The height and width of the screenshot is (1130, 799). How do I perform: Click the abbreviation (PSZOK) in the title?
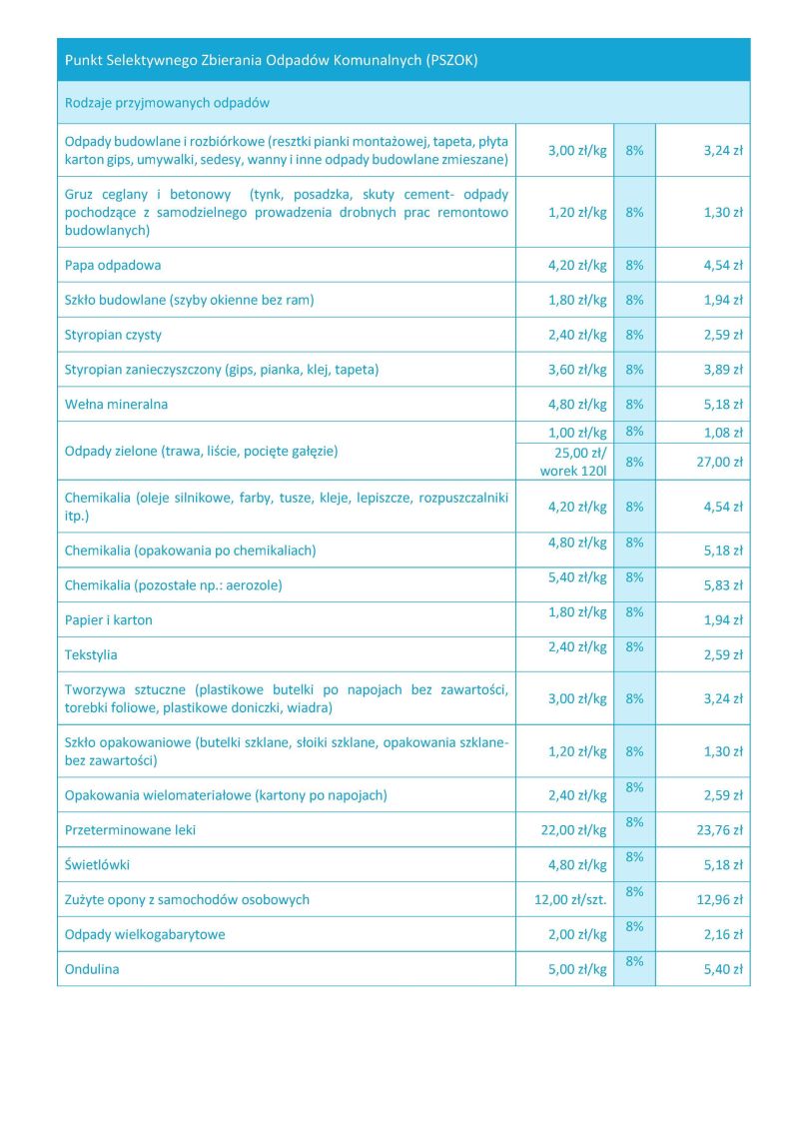coord(451,60)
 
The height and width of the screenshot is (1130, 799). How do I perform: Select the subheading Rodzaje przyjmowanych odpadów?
coord(167,103)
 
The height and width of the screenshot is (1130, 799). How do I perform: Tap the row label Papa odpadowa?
coord(113,265)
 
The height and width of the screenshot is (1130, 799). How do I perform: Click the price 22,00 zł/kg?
coord(570,830)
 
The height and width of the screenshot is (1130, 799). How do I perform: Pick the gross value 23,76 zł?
coord(719,830)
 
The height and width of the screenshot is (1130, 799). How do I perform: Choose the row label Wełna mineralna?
coord(116,405)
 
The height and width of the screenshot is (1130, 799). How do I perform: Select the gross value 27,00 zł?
coord(719,462)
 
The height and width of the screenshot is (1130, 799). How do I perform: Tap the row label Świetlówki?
coord(97,864)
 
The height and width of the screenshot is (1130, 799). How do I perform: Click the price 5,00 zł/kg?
coord(576,969)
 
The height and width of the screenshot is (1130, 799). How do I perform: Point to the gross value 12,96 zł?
coord(719,899)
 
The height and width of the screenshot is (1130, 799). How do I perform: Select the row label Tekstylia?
coord(91,654)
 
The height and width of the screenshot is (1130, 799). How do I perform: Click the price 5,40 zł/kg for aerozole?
coord(576,577)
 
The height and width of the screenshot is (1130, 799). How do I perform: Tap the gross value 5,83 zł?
coord(723,585)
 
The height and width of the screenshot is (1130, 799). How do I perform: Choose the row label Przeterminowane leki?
coord(131,830)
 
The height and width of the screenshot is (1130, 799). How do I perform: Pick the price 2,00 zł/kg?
coord(576,934)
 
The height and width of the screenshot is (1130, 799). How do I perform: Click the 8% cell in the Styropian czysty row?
coord(634,335)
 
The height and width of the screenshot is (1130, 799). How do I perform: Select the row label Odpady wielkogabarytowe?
coord(145,934)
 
